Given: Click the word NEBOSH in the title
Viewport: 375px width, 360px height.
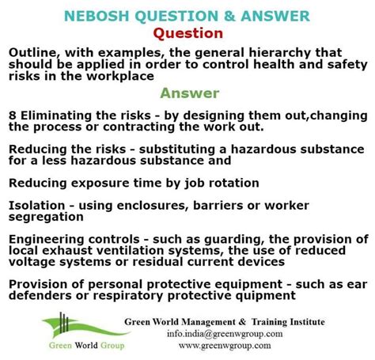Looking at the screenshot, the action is click(x=97, y=16).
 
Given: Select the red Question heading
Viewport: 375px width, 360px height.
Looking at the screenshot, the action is click(x=188, y=33).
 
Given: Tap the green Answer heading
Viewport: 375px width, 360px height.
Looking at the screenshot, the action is click(x=190, y=93).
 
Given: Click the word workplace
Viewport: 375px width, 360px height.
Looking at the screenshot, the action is click(x=120, y=77).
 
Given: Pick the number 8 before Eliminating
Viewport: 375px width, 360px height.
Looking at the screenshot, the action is click(x=13, y=116).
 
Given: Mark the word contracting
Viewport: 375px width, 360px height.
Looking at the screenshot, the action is click(x=139, y=127).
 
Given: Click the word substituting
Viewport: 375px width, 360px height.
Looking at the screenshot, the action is click(x=177, y=150).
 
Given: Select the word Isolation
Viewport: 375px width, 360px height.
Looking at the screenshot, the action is click(x=37, y=206).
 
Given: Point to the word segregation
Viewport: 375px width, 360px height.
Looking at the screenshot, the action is click(x=46, y=218).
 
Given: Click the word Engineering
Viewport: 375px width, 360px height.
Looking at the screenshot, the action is click(x=47, y=240).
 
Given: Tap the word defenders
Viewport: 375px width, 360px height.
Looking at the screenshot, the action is click(x=40, y=296).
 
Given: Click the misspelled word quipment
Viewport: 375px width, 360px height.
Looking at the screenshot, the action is click(x=266, y=296).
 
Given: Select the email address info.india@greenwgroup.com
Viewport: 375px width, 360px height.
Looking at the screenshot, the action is click(x=225, y=334).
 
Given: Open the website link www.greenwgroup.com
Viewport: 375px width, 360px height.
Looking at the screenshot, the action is click(x=225, y=346).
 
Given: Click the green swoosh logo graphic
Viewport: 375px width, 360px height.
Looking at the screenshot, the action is click(x=85, y=327).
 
